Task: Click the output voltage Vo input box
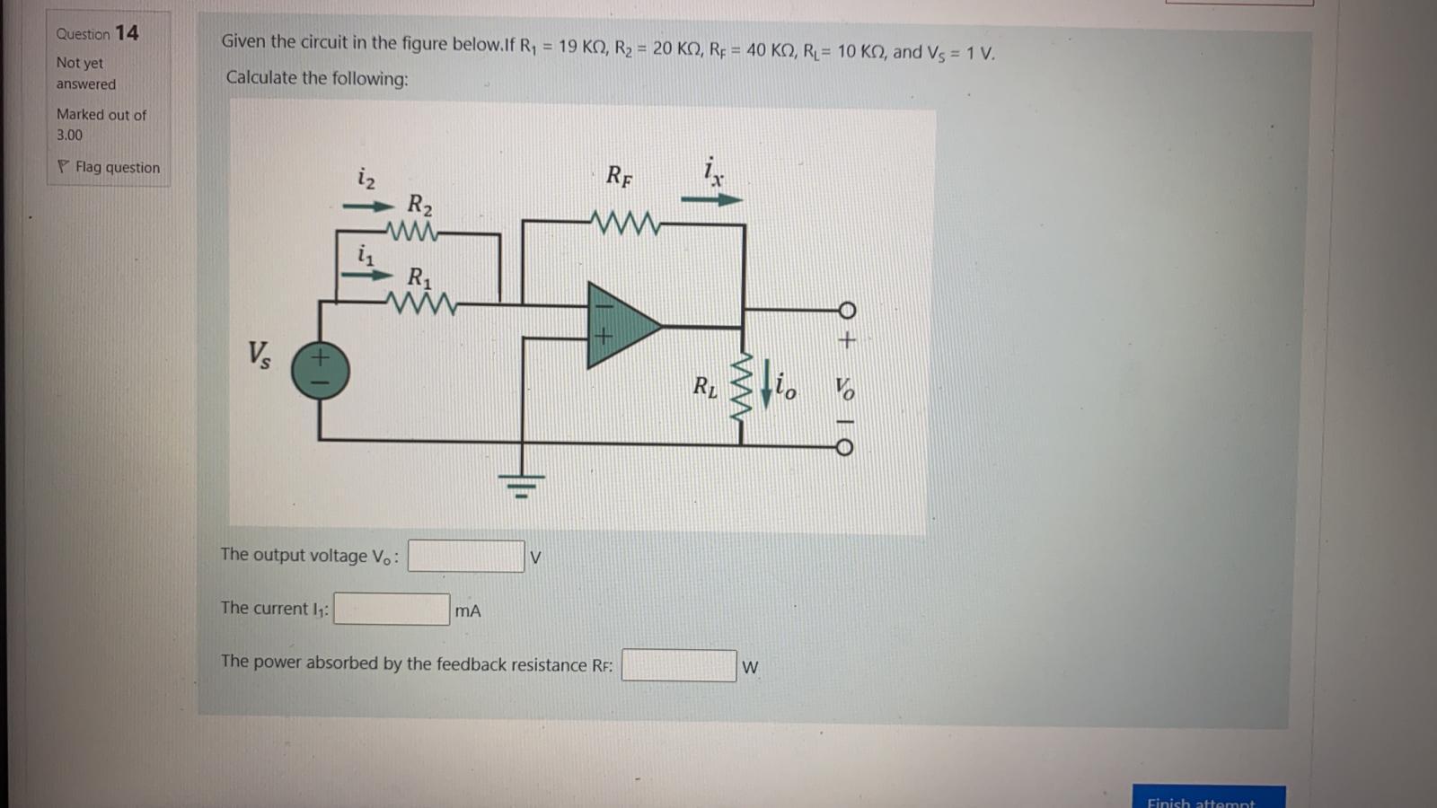466,556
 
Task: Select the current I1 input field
392,610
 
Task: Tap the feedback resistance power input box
679,665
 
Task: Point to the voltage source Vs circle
321,370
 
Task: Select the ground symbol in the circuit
521,485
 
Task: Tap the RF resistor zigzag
625,222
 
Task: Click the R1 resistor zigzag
421,305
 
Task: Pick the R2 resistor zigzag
412,233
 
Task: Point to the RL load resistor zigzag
743,387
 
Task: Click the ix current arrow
711,199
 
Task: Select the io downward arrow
766,384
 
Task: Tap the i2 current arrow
367,207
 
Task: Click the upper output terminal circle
846,311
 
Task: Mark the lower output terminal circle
844,447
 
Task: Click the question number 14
127,33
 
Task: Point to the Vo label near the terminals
844,388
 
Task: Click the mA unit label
468,611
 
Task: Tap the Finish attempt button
1208,799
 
